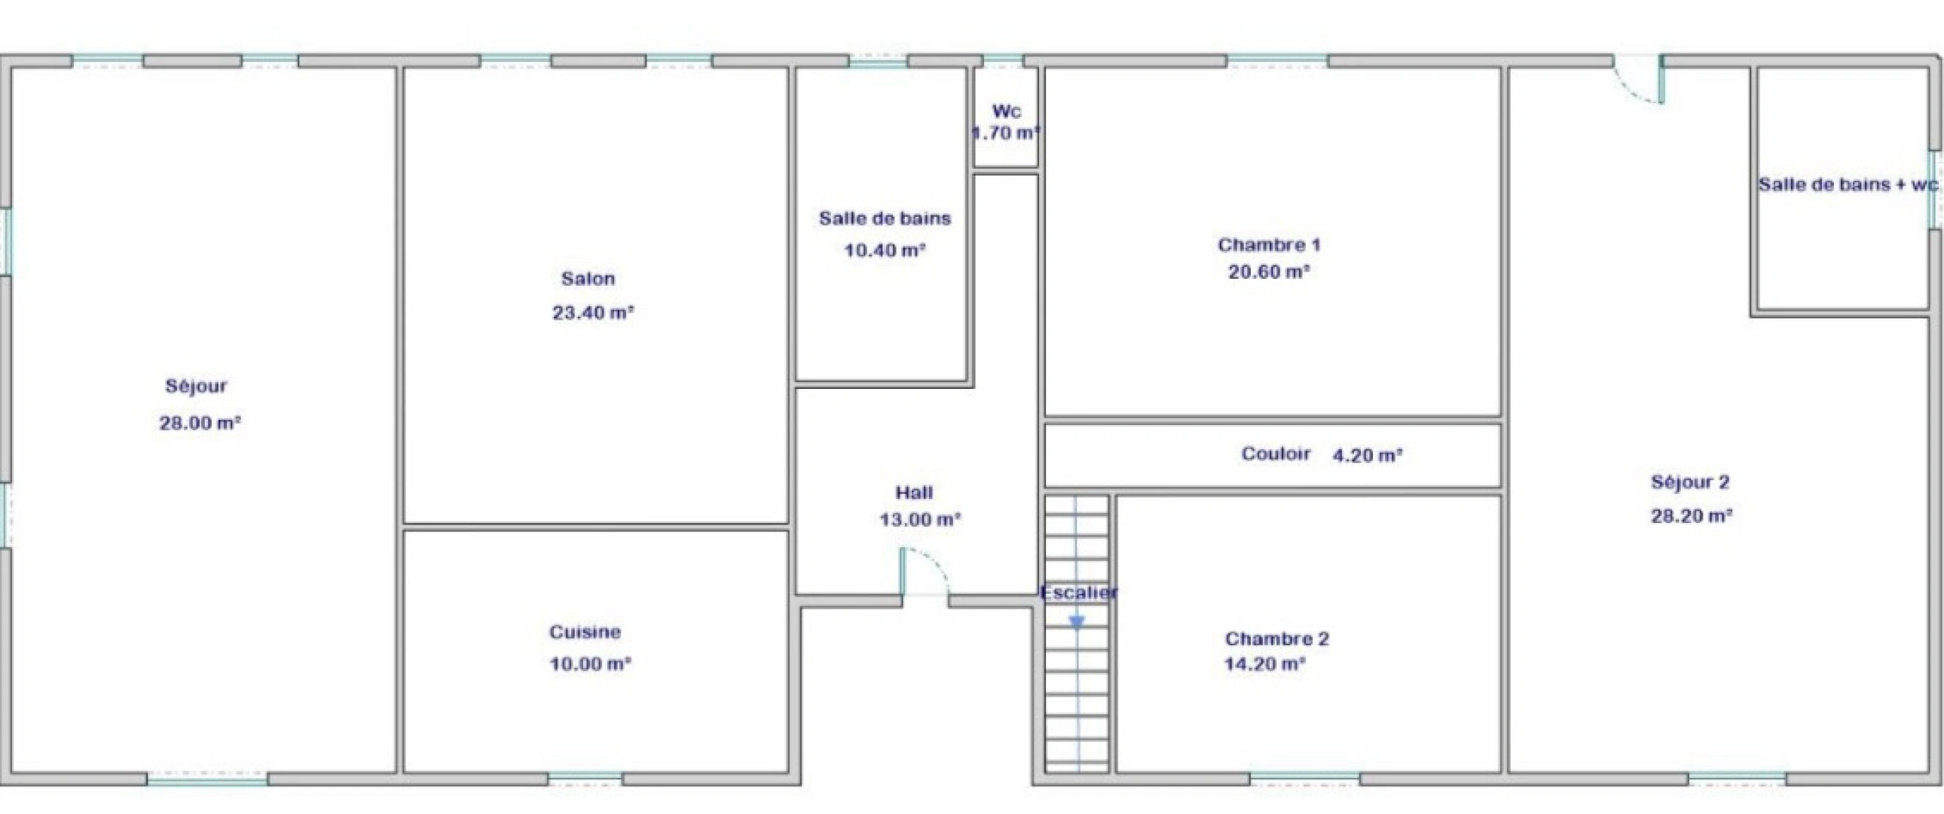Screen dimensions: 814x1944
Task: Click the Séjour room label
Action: coord(196,387)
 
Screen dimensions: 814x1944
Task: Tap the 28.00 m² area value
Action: coord(199,423)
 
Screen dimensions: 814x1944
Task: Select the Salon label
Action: coord(588,279)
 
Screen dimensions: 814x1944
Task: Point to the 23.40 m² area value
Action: coord(592,313)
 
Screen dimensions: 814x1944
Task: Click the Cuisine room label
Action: coord(585,632)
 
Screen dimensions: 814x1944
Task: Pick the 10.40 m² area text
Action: coord(885,250)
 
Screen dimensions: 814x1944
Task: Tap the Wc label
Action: coord(1006,112)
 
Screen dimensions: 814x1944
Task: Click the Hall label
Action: coord(914,493)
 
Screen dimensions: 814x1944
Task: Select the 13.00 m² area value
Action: coord(919,519)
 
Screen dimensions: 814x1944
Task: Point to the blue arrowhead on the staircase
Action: coord(1077,623)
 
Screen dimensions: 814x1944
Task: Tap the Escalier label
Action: coord(1078,593)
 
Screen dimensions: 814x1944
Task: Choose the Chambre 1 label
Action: coord(1269,245)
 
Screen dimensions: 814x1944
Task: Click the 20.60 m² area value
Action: coord(1268,272)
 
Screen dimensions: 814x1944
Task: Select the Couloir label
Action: coord(1276,454)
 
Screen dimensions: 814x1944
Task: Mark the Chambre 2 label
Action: coord(1277,639)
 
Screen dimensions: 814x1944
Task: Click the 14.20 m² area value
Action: coord(1264,665)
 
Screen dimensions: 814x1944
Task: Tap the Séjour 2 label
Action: coord(1689,482)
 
